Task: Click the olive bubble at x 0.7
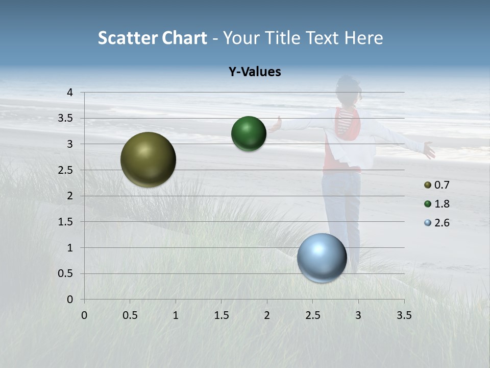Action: click(149, 159)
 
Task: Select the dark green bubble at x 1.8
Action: click(249, 133)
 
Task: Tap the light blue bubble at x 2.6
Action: click(322, 258)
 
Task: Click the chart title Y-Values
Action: click(255, 72)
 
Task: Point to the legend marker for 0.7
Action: click(428, 185)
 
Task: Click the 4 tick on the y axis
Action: click(69, 93)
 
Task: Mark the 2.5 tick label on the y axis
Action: click(65, 170)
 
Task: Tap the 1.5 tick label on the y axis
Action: click(65, 222)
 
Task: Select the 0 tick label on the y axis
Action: click(69, 300)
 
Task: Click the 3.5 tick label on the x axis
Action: click(404, 315)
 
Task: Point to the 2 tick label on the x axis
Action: click(267, 315)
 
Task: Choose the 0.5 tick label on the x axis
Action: click(130, 315)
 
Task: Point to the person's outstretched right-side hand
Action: click(429, 150)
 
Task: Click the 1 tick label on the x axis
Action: click(176, 315)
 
